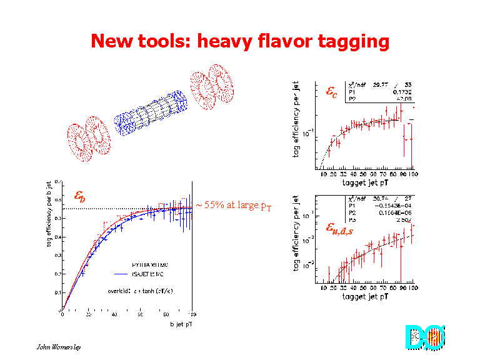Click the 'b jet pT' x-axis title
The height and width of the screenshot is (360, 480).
coord(181,324)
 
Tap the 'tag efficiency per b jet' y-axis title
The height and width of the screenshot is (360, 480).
coord(49,213)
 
